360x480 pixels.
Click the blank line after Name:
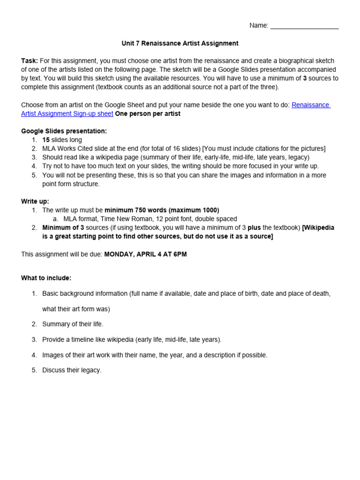[x=304, y=26]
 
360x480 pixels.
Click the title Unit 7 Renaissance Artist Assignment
[x=180, y=43]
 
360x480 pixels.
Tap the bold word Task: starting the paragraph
[x=30, y=61]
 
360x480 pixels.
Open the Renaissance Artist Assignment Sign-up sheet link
[x=67, y=114]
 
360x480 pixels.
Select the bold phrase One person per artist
[x=148, y=114]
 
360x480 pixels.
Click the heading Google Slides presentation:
[x=64, y=131]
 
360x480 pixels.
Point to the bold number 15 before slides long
[x=46, y=140]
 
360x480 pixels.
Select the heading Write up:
[x=35, y=201]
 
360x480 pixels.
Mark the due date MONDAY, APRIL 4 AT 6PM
[x=145, y=254]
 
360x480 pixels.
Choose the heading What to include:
[x=46, y=278]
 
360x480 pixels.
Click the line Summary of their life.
[x=73, y=324]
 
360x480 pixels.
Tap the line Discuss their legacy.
[x=72, y=370]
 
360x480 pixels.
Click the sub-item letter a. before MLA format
[x=55, y=219]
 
